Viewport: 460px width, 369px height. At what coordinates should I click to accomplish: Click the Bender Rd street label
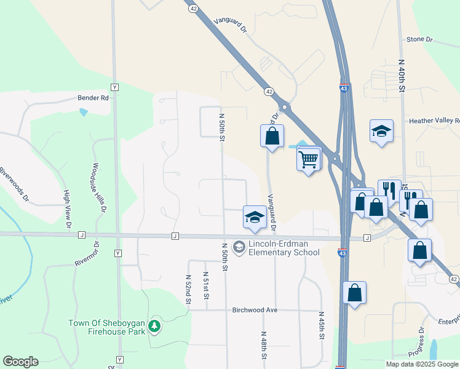coord(93,97)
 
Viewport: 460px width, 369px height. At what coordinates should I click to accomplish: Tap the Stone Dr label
coord(419,40)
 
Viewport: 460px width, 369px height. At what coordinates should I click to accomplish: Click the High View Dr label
coord(66,209)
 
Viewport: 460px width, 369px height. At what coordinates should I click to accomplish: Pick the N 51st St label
coord(206,287)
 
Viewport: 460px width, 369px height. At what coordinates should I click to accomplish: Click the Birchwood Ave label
coord(255,310)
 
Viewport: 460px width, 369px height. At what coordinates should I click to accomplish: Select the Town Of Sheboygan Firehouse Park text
coord(107,327)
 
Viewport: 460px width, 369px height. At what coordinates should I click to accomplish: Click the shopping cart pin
coord(308,159)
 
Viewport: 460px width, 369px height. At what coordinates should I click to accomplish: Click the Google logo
coord(20,362)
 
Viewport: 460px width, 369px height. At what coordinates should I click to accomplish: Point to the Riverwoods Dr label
coord(15,184)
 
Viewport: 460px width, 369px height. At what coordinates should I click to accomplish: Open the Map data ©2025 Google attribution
coord(422,364)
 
